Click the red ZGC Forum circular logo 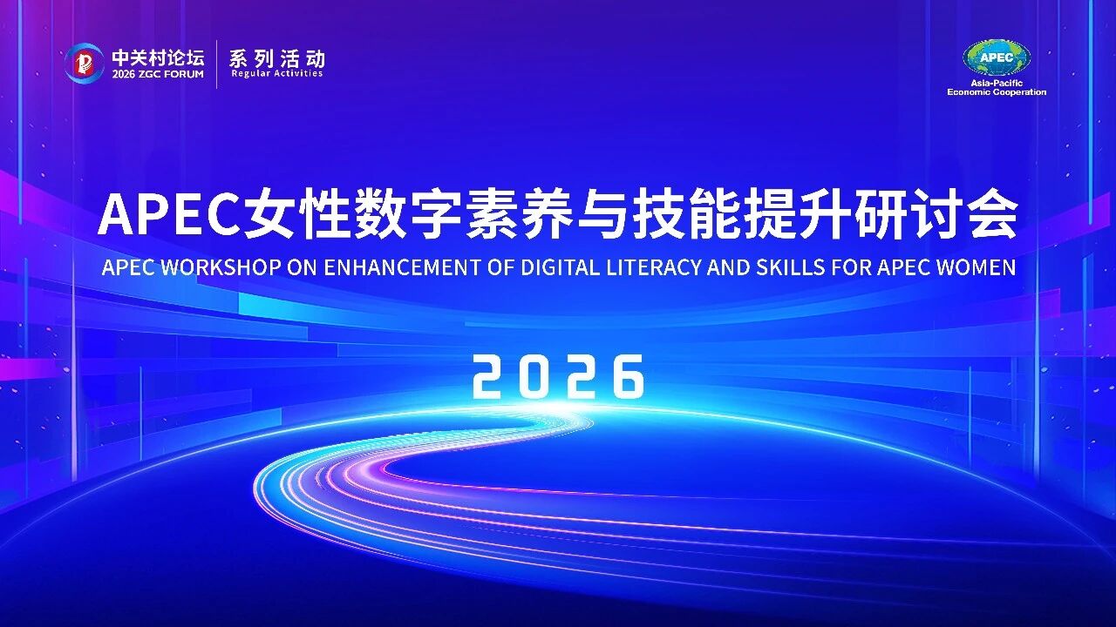tap(84, 63)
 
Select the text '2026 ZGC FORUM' tap(157, 75)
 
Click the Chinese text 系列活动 tap(276, 58)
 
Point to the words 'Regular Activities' tap(276, 74)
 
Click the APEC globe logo tap(997, 58)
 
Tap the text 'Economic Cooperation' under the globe tap(997, 92)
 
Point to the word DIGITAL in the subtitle tap(561, 267)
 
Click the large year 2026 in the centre tap(558, 376)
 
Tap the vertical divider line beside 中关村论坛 tap(217, 64)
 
